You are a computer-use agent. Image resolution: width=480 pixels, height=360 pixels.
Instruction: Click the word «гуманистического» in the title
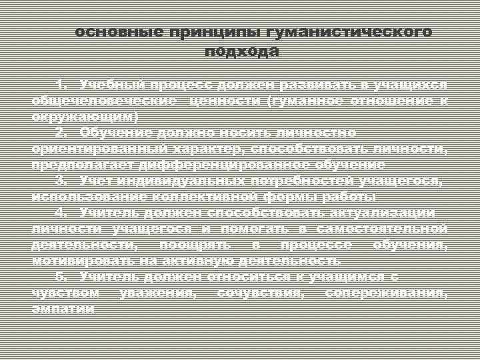click(x=349, y=31)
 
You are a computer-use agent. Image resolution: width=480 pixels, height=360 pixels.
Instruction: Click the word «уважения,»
click(x=156, y=293)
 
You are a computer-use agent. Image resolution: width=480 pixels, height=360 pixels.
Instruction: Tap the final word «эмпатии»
click(x=63, y=309)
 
